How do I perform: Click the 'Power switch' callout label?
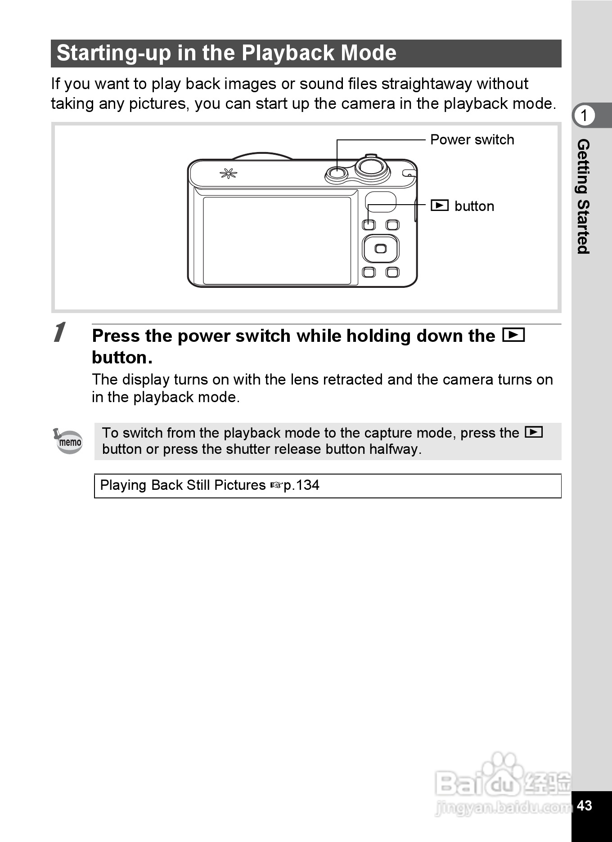(x=472, y=140)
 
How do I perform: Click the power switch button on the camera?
(x=336, y=173)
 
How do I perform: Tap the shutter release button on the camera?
(x=371, y=167)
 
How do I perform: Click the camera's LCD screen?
(x=277, y=241)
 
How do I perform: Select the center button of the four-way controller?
(x=381, y=248)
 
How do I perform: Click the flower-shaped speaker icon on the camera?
(x=228, y=174)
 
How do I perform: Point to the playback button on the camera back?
(x=369, y=224)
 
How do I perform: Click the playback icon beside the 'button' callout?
(x=439, y=206)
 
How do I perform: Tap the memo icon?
(x=69, y=441)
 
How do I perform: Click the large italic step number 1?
(x=59, y=333)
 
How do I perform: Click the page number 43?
(x=584, y=806)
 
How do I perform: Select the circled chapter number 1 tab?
(x=584, y=116)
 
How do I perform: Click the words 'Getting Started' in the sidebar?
(x=583, y=196)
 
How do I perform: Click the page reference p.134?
(x=301, y=485)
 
